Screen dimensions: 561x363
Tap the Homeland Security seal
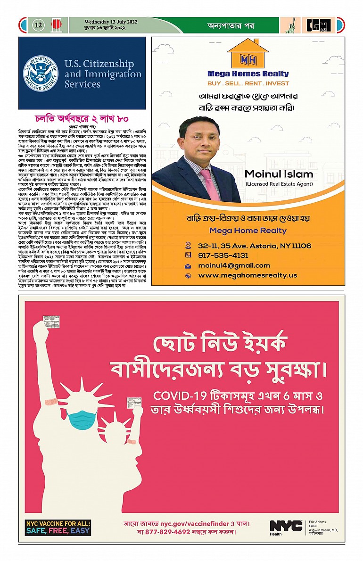pos(41,74)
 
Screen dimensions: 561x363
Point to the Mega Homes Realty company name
pos(248,74)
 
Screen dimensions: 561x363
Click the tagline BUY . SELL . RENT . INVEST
pos(248,83)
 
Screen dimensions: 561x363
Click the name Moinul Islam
pos(279,174)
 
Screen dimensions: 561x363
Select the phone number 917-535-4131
pos(223,255)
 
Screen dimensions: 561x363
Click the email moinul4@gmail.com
pos(234,265)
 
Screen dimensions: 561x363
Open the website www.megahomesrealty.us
pos(247,275)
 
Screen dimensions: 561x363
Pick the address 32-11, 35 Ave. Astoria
pos(255,246)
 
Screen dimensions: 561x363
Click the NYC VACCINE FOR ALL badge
pos(58,527)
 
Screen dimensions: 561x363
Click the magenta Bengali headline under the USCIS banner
pos(82,118)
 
